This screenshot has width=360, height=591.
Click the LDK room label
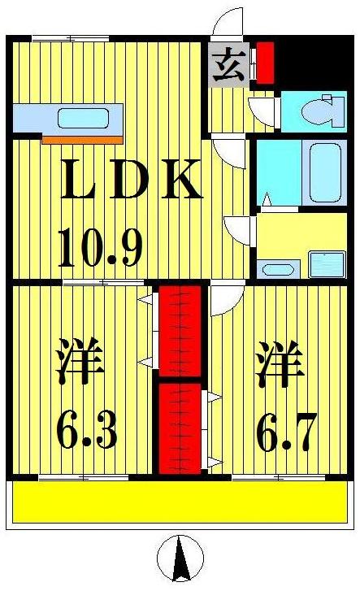coord(131,181)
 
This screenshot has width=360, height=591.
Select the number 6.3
coord(87,428)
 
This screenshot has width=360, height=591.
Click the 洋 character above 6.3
coord(81,367)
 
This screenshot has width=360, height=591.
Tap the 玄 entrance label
coord(229,64)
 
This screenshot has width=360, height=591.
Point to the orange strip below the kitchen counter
coord(81,140)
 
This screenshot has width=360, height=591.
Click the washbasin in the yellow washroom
coord(276,269)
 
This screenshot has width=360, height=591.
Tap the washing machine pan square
coord(327,264)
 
